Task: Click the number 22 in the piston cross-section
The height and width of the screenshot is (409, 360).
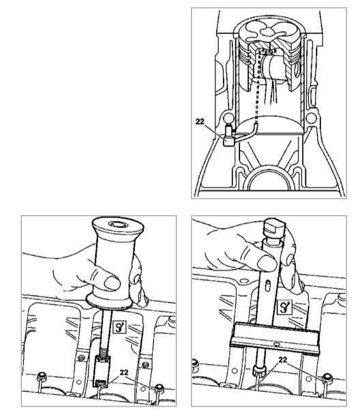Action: pos(200,121)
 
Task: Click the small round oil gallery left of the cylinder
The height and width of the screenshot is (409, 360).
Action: pos(228,119)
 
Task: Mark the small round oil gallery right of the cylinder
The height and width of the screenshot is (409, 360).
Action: pos(311,118)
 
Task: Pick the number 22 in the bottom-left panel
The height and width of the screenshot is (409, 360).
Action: pos(124,372)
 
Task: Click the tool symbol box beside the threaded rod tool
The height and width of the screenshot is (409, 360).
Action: pos(120,327)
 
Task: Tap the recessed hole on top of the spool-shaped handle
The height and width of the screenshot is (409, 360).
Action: pos(118,224)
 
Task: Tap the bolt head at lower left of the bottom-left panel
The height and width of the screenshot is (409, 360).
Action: pos(41,377)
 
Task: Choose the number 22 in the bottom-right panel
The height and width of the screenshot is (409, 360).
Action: pos(283,360)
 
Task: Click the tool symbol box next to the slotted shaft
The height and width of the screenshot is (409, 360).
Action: pos(284,307)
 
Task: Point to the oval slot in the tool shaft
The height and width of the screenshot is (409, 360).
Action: pos(267,286)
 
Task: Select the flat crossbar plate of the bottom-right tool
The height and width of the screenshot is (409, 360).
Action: pos(275,338)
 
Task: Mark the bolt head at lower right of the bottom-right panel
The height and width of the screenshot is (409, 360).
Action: pos(327,378)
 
